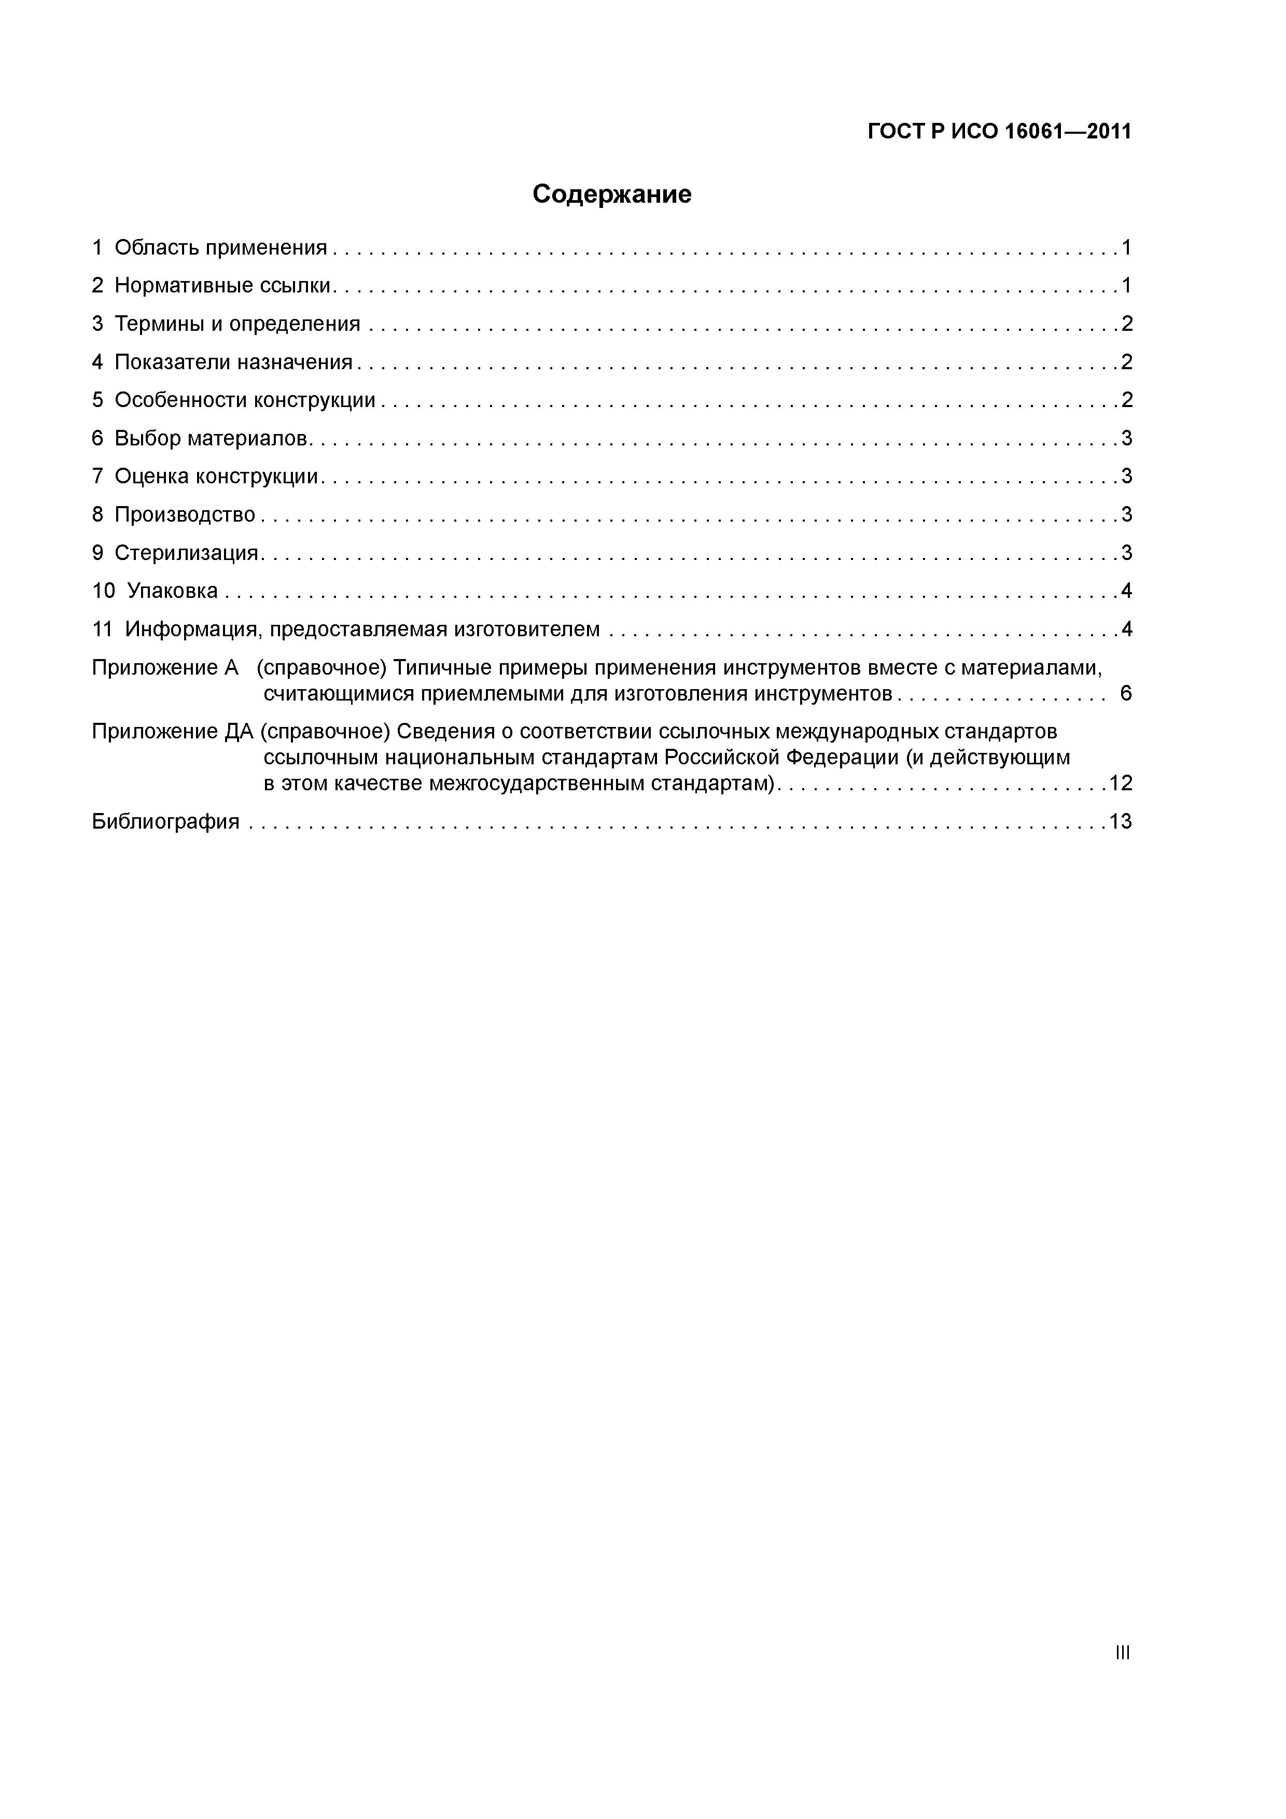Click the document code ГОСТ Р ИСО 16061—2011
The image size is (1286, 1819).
coord(999,132)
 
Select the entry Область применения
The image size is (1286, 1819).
coord(220,248)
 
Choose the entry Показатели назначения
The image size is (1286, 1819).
coord(233,362)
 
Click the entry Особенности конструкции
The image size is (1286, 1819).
coord(245,400)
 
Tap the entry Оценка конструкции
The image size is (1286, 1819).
coord(216,476)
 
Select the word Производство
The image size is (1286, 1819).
coord(185,515)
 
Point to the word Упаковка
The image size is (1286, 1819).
coord(172,591)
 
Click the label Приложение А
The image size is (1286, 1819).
coord(165,668)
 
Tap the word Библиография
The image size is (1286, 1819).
coord(165,821)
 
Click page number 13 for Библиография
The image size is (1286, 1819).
coord(1120,821)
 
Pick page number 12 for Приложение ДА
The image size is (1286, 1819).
coord(1120,783)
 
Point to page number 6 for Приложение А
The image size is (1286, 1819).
coord(1125,694)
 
